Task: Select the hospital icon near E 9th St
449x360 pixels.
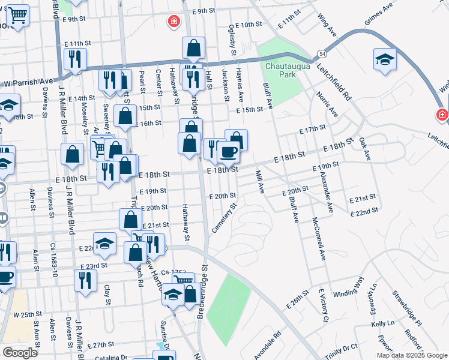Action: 174,22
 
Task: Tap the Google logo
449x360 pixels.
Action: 20,353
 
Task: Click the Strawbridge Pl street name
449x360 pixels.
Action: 409,307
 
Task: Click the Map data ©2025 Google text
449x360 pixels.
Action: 411,355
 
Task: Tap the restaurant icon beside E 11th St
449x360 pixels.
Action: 76,58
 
